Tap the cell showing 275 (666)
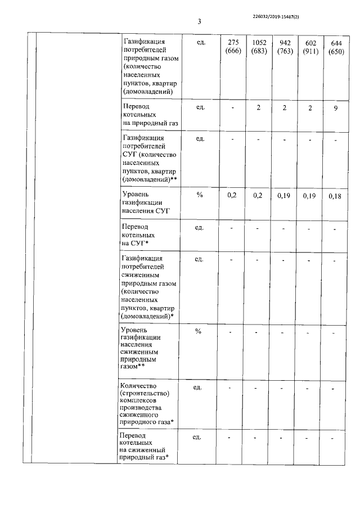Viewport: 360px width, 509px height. point(233,47)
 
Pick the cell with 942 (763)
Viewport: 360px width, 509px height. point(285,47)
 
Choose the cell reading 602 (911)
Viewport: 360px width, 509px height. point(310,47)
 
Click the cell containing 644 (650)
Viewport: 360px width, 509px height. point(336,47)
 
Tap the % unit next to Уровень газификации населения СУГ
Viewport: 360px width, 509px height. point(199,195)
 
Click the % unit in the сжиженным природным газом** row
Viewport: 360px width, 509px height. point(198,331)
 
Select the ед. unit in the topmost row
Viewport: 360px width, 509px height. point(199,42)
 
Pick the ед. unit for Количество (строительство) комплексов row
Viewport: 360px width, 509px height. point(198,388)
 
